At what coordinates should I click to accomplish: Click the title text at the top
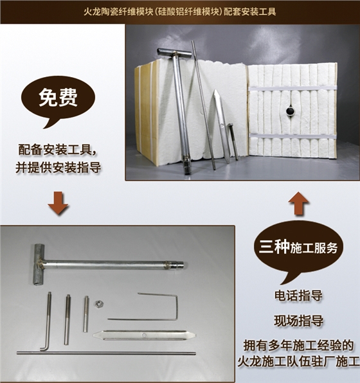tap(180, 12)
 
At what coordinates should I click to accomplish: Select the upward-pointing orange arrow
tap(298, 204)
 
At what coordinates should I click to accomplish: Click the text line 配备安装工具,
tap(59, 151)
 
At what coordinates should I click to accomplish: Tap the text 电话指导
tap(298, 296)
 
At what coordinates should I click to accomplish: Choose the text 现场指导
tap(298, 321)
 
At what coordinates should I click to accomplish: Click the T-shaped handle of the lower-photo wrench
tap(38, 263)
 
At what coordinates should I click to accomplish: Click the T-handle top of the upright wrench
tap(174, 52)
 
